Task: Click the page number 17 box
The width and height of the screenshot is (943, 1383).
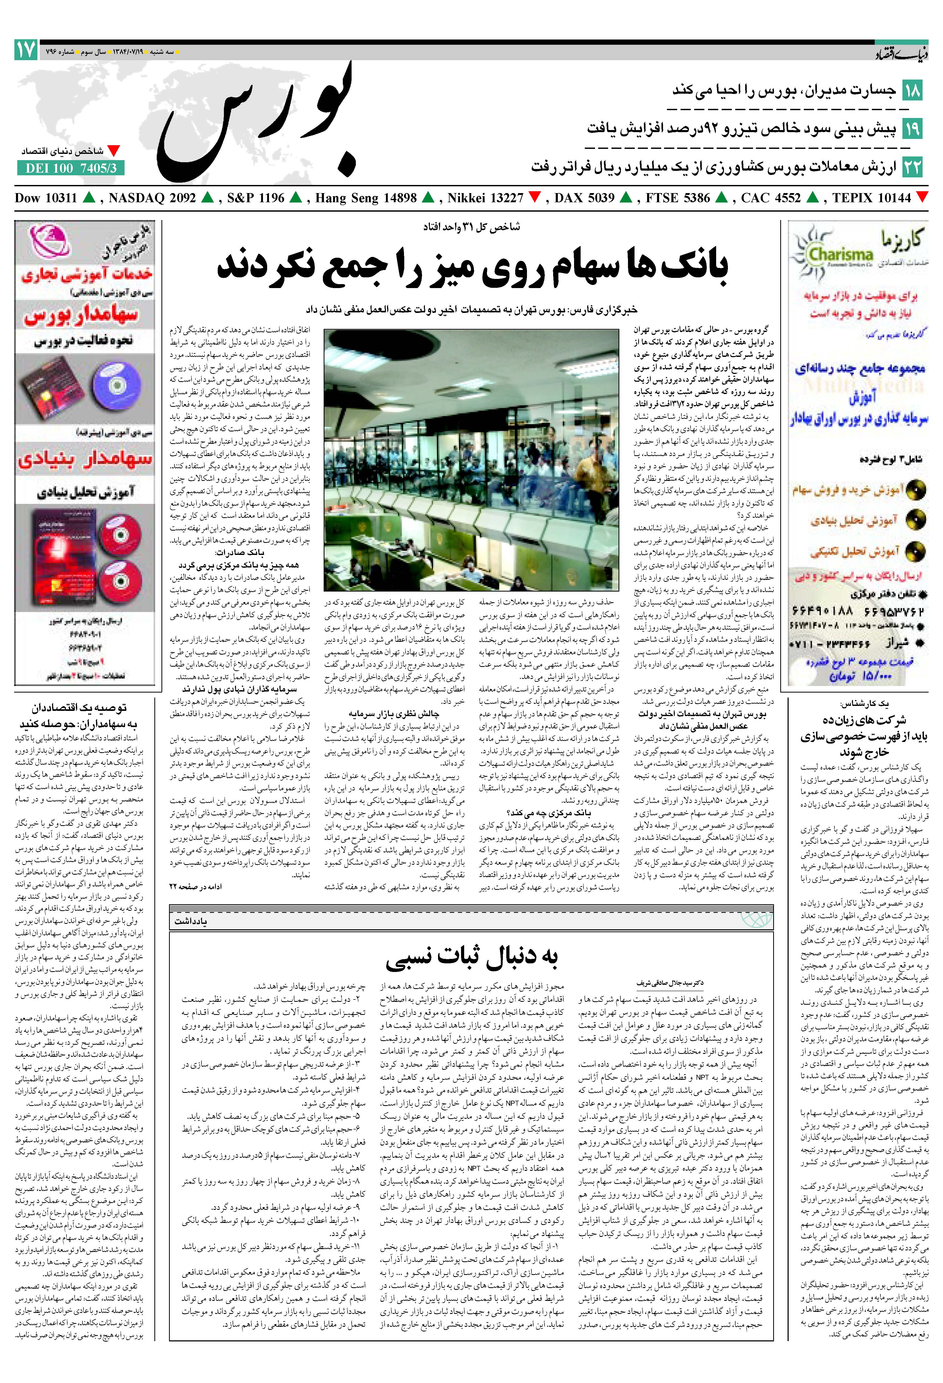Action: point(26,50)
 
